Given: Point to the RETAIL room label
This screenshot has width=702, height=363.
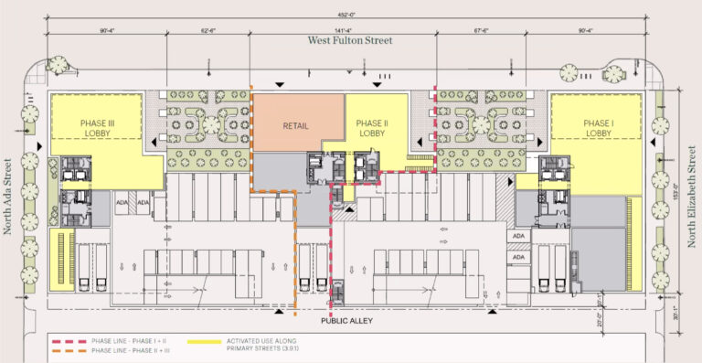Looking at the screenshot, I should (295, 126).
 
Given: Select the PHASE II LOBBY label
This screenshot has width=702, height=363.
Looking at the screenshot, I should (373, 127).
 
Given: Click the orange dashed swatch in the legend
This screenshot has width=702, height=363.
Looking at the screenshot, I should (69, 349).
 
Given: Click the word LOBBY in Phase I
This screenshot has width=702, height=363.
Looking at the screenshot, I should (598, 133).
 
